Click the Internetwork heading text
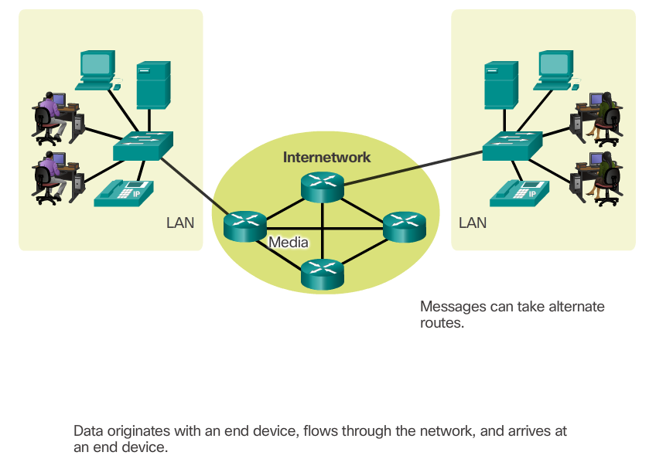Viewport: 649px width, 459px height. click(326, 158)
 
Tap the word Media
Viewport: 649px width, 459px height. click(289, 243)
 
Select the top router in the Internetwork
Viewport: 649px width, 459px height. click(322, 187)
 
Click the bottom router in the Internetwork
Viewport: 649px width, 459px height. click(322, 274)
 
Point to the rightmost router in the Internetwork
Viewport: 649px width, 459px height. click(405, 225)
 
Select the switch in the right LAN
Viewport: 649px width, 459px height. click(511, 146)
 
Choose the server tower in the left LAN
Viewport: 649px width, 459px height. click(152, 85)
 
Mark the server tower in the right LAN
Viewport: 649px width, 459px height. click(499, 85)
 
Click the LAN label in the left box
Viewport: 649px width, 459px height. click(180, 223)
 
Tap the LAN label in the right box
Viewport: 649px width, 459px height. click(473, 223)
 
